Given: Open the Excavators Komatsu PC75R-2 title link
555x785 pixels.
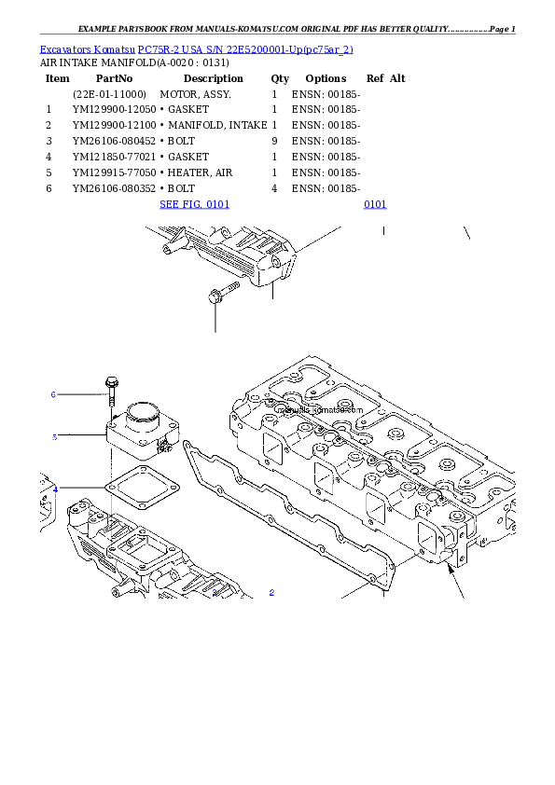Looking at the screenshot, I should coord(196,48).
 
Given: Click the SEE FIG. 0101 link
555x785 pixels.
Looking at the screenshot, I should coord(194,204).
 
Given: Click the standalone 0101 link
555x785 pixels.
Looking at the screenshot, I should coord(375,204).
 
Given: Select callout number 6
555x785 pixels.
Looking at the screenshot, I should coord(53,394).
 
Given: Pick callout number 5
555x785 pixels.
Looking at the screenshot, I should coord(54,436).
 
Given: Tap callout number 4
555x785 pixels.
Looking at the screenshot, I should coord(55,489).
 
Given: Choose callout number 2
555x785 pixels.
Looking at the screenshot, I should coord(271,592).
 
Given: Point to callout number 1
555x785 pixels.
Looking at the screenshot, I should coord(215,592).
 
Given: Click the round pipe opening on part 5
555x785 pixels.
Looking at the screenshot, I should coord(144,411).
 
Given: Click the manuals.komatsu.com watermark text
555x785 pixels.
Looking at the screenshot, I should coord(317,408).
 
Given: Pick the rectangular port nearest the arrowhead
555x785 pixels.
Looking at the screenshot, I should coord(432,538).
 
